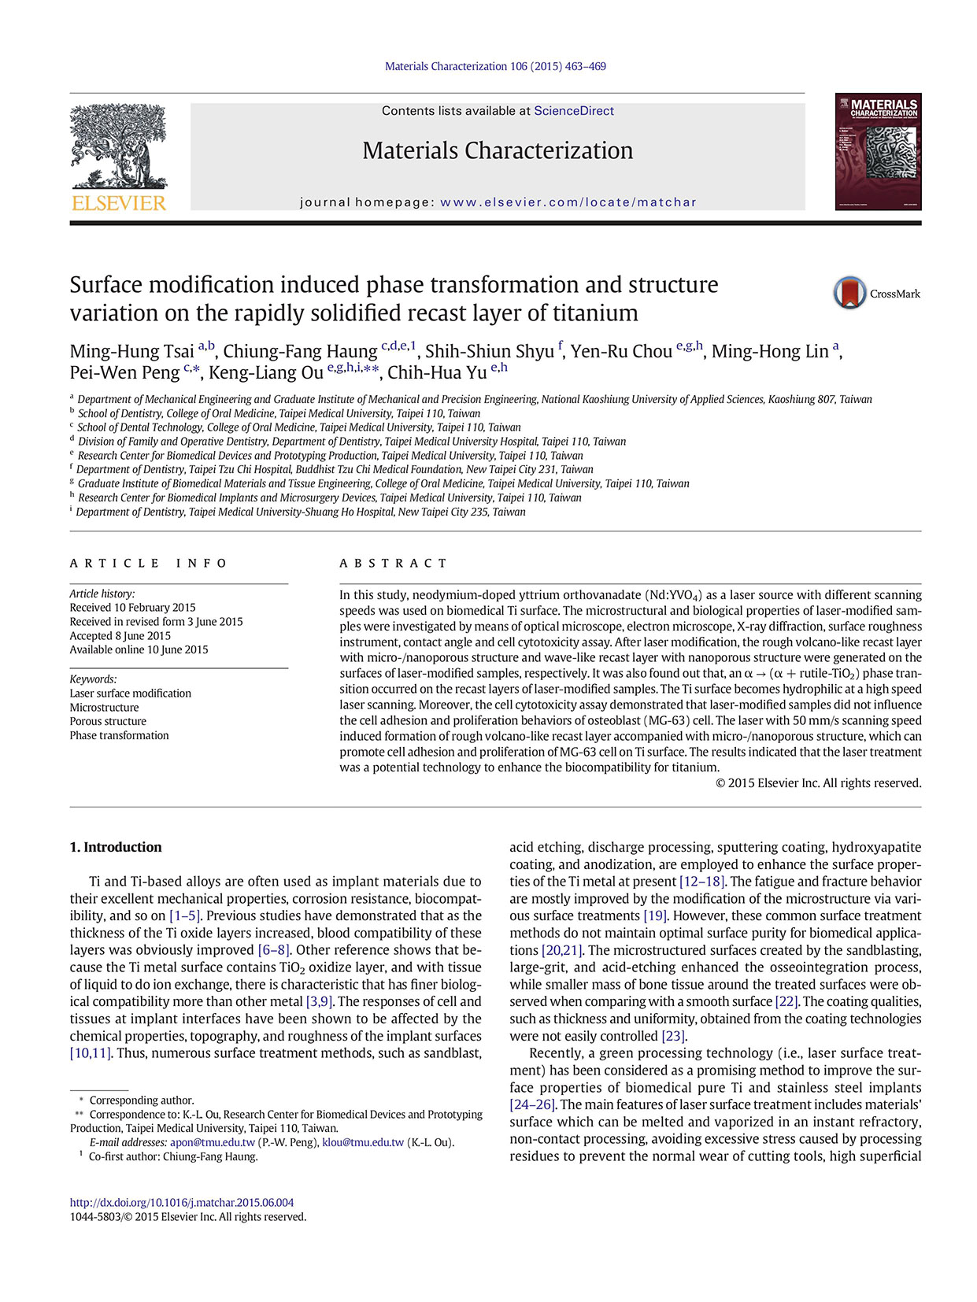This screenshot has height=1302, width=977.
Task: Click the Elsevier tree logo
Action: pos(118,150)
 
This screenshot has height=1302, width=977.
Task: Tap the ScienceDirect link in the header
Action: pos(573,111)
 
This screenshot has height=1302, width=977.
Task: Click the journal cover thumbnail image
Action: pos(878,152)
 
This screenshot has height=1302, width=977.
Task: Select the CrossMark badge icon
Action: pos(850,293)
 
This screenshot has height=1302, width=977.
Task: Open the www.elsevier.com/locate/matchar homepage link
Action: pos(568,202)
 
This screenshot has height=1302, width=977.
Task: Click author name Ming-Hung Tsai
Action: pos(131,351)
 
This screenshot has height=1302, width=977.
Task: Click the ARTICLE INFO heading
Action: pos(148,563)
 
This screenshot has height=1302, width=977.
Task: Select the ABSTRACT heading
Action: pos(393,563)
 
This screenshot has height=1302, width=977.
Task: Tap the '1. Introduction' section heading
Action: pos(116,847)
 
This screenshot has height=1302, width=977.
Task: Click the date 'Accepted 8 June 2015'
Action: pos(120,635)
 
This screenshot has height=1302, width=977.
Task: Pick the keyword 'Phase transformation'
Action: pos(119,735)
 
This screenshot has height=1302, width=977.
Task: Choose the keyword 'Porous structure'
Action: pos(108,721)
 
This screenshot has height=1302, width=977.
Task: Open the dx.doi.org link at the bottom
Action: pos(182,1203)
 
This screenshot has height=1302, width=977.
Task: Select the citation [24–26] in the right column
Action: pos(533,1104)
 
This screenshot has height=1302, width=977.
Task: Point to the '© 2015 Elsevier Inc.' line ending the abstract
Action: pos(818,783)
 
